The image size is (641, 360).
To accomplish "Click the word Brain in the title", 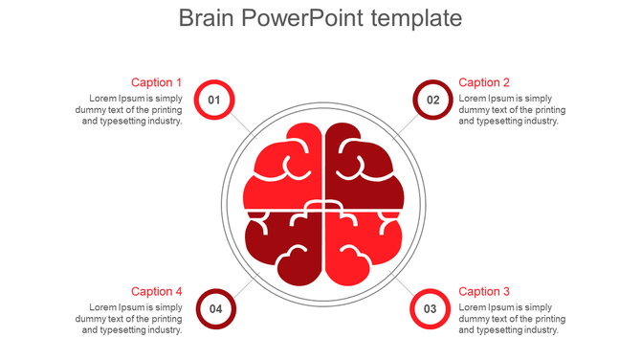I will coord(207,18).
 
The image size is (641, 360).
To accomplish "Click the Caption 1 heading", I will coord(156,82).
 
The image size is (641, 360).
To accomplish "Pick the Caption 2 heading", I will coord(484,82).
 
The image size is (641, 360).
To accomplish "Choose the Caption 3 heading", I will coord(484,291).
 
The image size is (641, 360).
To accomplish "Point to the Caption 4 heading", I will coord(156,291).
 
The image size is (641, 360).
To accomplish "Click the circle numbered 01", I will coord(214,100).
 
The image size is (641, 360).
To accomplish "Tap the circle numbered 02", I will coord(432,100).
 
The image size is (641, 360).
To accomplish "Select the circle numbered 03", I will coord(430,308).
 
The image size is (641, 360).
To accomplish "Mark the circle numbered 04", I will coord(215,308).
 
